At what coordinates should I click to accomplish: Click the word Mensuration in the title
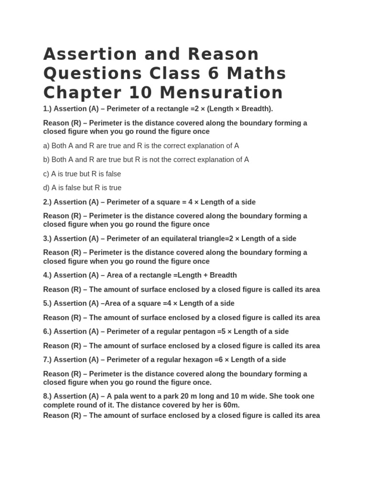coord(221,92)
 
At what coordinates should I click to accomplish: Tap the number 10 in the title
coord(141,92)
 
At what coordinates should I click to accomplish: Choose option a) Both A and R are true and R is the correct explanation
coord(141,146)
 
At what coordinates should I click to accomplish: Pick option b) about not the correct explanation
coord(146,159)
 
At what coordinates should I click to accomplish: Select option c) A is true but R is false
coord(82,174)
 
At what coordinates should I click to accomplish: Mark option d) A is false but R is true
coord(82,188)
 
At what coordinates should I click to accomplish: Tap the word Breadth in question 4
coord(221,275)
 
